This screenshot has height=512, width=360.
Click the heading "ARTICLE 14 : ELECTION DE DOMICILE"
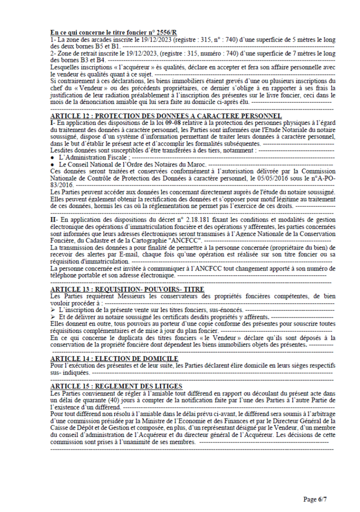(x=114, y=358)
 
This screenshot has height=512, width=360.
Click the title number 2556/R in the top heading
(x=169, y=32)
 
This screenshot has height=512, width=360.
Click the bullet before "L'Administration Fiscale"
(x=53, y=157)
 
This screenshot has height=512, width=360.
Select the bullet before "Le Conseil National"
(x=53, y=164)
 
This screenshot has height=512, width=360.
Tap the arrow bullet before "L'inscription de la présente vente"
(x=53, y=310)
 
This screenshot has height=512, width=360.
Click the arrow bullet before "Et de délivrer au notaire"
(x=53, y=317)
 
